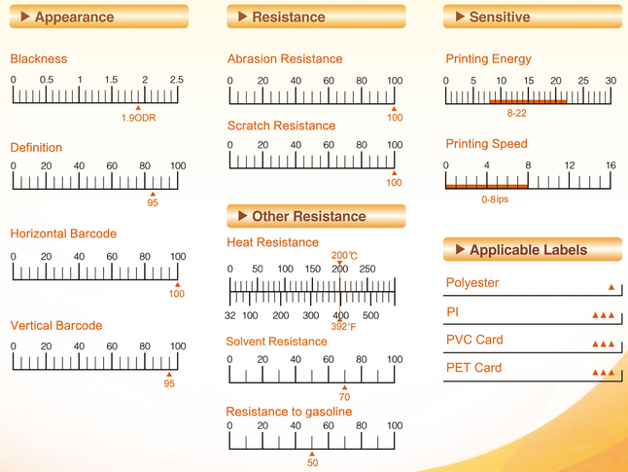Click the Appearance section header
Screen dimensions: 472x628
coord(98,17)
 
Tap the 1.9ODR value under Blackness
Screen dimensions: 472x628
coord(138,118)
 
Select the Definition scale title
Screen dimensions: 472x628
coord(36,148)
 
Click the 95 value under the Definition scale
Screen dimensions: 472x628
coord(153,202)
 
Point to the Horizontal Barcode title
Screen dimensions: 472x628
coord(63,234)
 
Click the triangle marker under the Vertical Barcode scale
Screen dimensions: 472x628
coord(169,374)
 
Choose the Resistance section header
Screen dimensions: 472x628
coord(315,17)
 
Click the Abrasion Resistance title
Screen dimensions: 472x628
coord(285,59)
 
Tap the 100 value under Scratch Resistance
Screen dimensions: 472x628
coord(394,182)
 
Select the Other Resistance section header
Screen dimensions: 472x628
coord(315,216)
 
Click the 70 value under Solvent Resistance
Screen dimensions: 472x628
coord(344,397)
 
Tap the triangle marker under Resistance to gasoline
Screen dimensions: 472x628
coord(312,454)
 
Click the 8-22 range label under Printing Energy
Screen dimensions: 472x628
coord(516,114)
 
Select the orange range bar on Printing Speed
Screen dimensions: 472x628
coord(487,186)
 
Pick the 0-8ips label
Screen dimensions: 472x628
coord(495,200)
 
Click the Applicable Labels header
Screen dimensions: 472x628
coord(532,250)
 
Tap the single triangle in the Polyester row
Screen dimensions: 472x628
coord(611,288)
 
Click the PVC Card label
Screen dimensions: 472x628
coord(474,340)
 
